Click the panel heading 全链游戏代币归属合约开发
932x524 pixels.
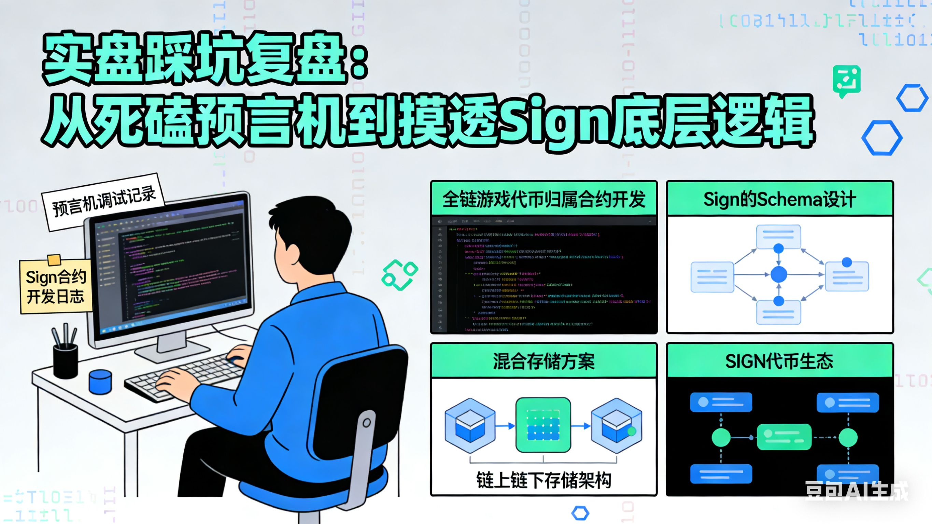click(x=543, y=199)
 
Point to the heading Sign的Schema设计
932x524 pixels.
click(x=779, y=199)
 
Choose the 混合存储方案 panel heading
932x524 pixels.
click(x=543, y=361)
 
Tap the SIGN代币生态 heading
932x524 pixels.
click(x=779, y=361)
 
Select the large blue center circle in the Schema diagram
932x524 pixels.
click(x=779, y=274)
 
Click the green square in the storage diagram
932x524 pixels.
click(x=543, y=425)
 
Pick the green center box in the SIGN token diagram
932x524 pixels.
click(x=784, y=437)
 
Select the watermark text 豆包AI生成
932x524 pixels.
click(x=856, y=491)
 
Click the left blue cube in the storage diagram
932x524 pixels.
click(x=470, y=425)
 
